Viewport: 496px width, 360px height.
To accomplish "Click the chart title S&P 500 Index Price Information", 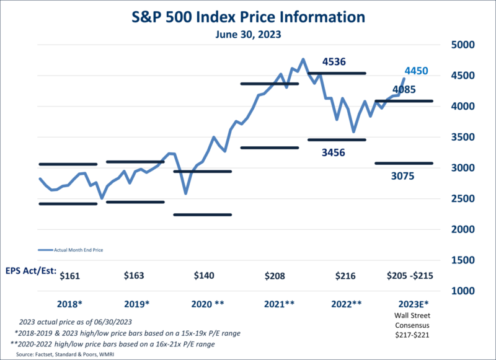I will tap(247, 15).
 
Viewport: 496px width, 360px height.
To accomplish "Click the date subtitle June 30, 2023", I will tap(247, 35).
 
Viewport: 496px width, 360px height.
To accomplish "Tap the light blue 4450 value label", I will tap(416, 71).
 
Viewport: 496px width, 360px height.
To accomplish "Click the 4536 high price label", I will tap(334, 61).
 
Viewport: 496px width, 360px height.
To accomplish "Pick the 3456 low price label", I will tap(334, 152).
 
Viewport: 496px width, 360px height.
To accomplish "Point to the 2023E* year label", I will tap(412, 304).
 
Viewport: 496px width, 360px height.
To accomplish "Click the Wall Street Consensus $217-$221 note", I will tap(412, 326).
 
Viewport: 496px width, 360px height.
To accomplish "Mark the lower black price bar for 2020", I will tap(202, 214).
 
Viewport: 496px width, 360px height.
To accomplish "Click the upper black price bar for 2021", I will tap(269, 84).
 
